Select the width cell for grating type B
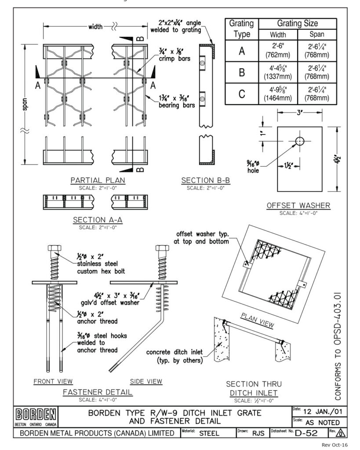point(277,72)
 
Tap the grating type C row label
point(241,93)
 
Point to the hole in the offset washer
point(299,141)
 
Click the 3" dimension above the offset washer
point(299,112)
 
